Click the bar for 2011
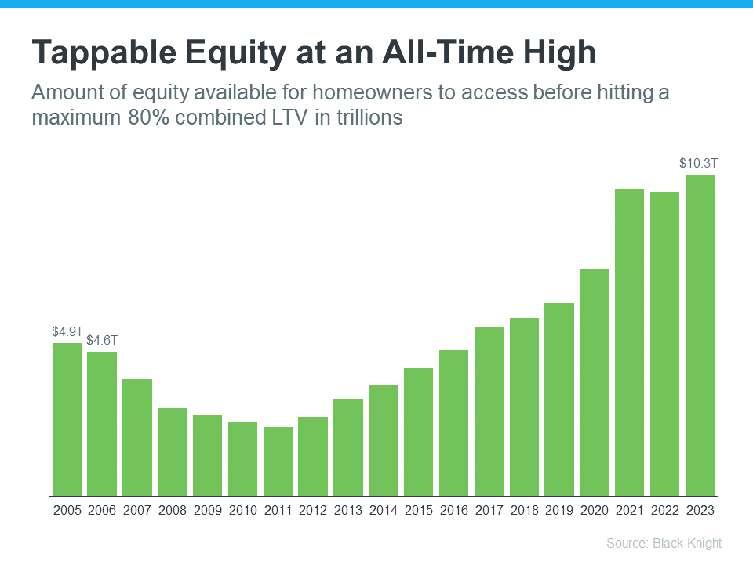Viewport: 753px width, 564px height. (x=278, y=461)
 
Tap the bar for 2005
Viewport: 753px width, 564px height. (x=67, y=419)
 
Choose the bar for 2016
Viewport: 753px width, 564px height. (x=453, y=423)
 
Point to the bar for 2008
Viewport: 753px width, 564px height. (x=173, y=452)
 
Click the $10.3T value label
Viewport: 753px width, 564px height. (x=698, y=164)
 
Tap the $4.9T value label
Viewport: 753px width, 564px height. (x=67, y=331)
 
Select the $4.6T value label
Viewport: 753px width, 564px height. (x=102, y=340)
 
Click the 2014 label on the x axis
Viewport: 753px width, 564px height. (x=384, y=510)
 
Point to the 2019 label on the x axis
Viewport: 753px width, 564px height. (x=559, y=510)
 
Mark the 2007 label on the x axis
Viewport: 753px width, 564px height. (x=137, y=510)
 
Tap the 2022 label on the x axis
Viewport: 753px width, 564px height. (x=664, y=510)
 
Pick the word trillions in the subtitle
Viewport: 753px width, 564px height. (x=368, y=118)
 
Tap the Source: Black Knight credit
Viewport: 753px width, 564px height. (x=664, y=543)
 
